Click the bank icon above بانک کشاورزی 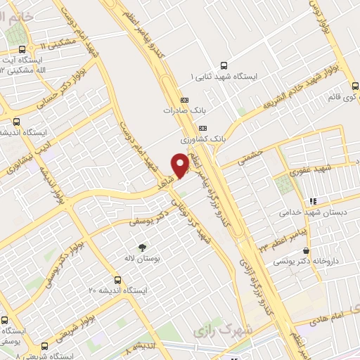[203, 128]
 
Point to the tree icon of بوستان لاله [143, 247]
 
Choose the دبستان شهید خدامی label [310, 212]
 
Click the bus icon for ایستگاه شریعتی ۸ [45, 347]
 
